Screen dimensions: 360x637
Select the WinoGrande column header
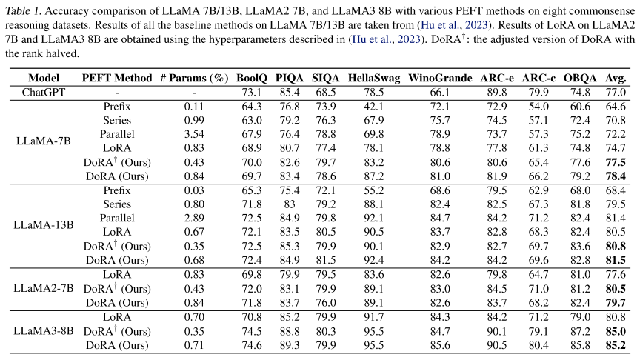coord(440,78)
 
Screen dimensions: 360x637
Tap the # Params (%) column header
coord(194,78)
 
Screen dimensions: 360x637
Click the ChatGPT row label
coord(44,92)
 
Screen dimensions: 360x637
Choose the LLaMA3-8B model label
coord(44,330)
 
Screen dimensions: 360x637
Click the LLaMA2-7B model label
coord(44,288)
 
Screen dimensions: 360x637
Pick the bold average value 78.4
coord(616,176)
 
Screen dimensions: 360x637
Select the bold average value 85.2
coord(616,344)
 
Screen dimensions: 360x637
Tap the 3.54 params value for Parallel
coord(194,134)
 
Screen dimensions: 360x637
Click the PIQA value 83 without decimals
coord(289,204)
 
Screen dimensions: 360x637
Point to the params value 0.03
coord(194,190)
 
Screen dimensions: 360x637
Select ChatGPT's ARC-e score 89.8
coord(495,92)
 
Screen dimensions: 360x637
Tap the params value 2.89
coord(194,218)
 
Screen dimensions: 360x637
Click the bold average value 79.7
coord(616,302)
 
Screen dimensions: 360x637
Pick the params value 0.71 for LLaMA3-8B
coord(194,344)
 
